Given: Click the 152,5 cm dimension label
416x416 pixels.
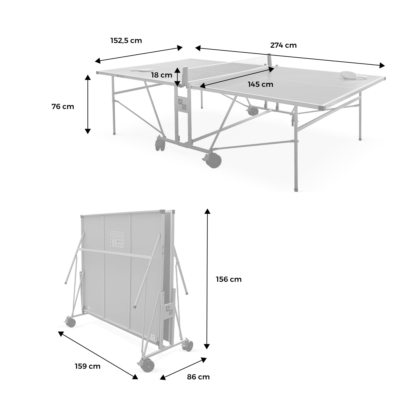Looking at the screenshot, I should (x=126, y=41).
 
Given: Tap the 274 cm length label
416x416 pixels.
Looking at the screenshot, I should (x=283, y=45).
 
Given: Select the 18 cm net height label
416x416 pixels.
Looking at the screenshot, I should (x=162, y=75).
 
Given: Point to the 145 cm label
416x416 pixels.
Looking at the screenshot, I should (x=260, y=84).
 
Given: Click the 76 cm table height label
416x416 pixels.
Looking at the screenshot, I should (x=63, y=106).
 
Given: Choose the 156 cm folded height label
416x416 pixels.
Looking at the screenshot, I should (x=229, y=279).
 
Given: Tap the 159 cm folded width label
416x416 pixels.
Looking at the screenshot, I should (x=88, y=366).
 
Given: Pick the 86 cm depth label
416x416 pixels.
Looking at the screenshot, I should (x=198, y=377).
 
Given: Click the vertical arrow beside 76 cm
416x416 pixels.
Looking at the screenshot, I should (x=88, y=104).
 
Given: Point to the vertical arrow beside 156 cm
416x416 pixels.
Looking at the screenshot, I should (x=207, y=279).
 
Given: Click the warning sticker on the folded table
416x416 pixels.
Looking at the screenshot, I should (x=117, y=240).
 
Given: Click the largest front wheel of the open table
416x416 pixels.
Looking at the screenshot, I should (x=215, y=161).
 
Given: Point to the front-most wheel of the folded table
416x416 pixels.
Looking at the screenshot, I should (x=147, y=366).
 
